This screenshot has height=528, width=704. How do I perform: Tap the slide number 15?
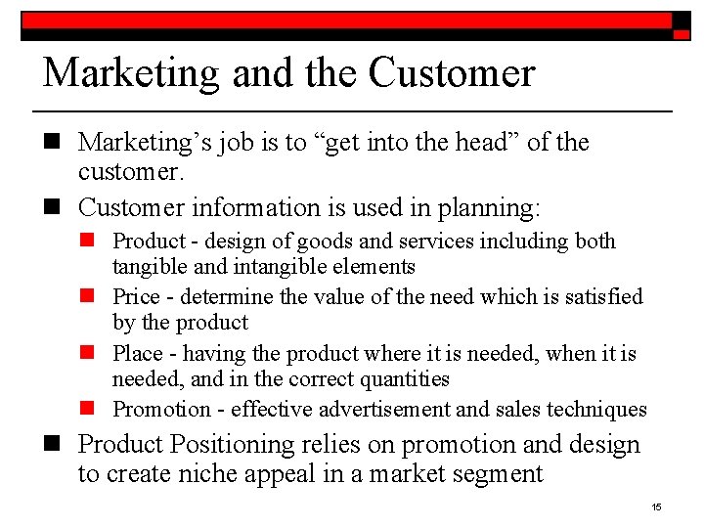(656, 506)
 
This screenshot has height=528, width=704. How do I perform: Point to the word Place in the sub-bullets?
(136, 353)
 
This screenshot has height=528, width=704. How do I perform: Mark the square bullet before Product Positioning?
(54, 446)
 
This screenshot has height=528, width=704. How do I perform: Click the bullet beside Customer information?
(54, 208)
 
